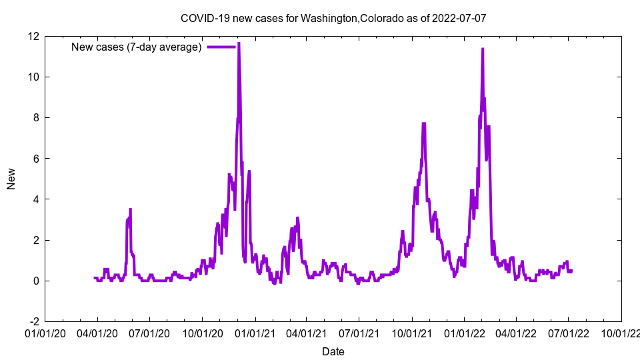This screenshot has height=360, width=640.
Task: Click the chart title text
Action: pyautogui.click(x=333, y=18)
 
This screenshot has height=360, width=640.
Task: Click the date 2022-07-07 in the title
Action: pyautogui.click(x=459, y=18)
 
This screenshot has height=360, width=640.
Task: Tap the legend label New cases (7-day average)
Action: pyautogui.click(x=137, y=47)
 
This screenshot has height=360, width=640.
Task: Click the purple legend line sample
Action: pyautogui.click(x=221, y=47)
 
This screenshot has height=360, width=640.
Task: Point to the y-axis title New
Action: pyautogui.click(x=11, y=179)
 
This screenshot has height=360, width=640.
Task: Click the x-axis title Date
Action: pyautogui.click(x=333, y=351)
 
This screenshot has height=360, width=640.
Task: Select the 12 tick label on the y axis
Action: pyautogui.click(x=33, y=36)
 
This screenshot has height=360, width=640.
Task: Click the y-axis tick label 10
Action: pyautogui.click(x=33, y=77)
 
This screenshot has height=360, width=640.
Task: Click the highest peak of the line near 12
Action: pyautogui.click(x=239, y=43)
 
